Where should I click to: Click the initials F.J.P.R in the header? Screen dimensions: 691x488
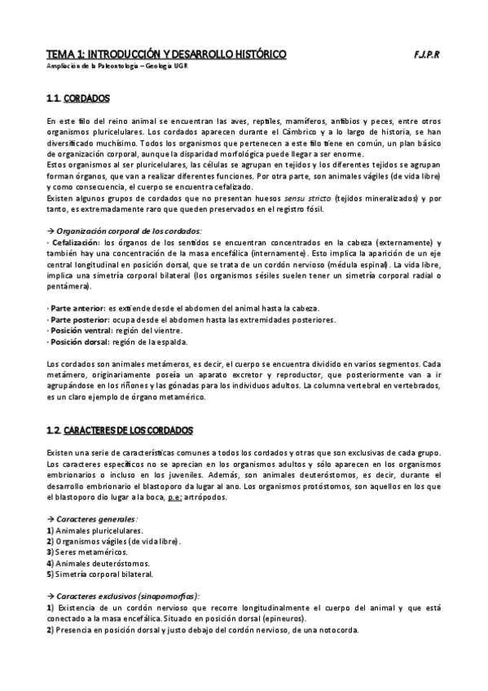click(x=426, y=55)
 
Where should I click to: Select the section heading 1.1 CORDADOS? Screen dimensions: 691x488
click(x=78, y=99)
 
